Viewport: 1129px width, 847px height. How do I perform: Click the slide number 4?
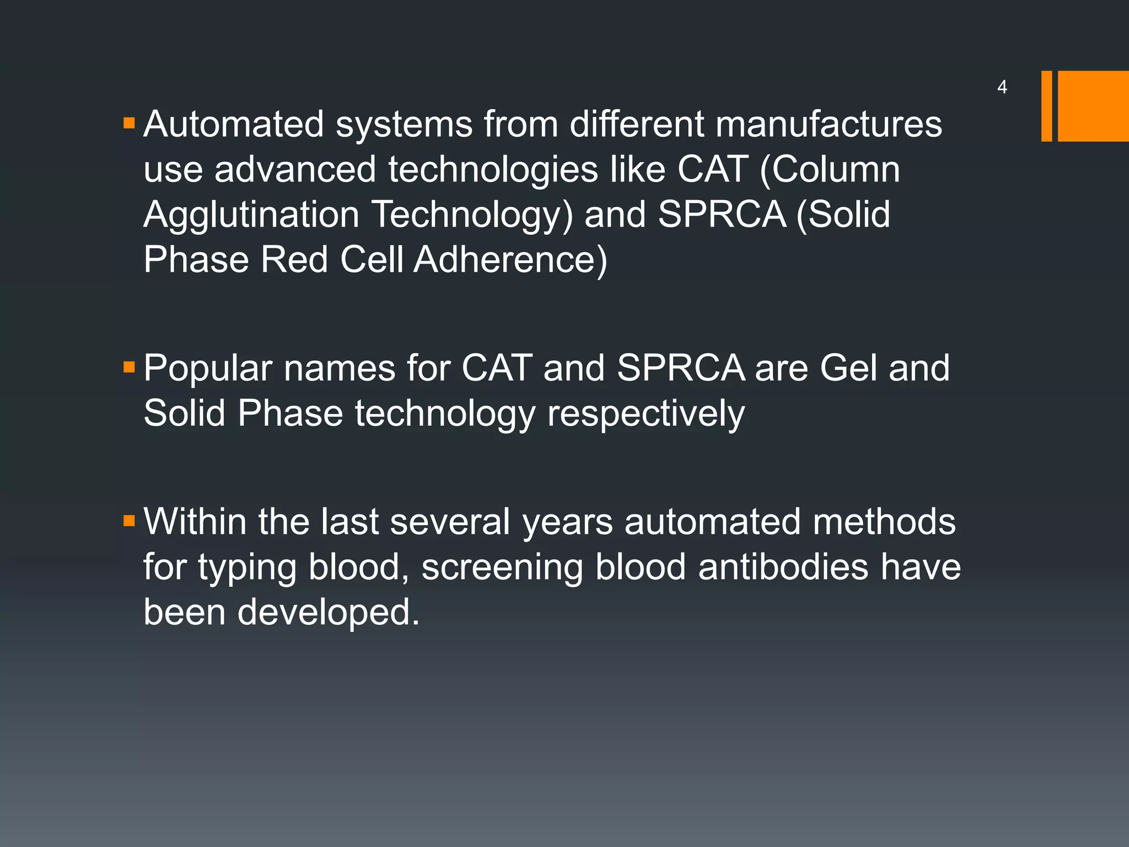click(1002, 87)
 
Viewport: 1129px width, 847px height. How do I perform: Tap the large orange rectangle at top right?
click(1093, 106)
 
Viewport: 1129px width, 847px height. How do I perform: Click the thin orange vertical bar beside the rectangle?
click(1046, 106)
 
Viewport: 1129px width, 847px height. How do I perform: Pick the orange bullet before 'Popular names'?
click(130, 367)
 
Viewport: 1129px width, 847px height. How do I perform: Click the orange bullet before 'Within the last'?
click(130, 521)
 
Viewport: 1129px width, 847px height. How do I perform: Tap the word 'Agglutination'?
click(251, 215)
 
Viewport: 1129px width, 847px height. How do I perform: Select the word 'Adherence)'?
click(510, 260)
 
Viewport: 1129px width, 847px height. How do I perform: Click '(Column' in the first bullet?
click(830, 169)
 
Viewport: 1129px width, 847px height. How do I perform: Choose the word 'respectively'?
click(646, 414)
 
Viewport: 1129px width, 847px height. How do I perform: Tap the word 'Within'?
click(195, 522)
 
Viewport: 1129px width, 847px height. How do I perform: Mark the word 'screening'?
click(502, 568)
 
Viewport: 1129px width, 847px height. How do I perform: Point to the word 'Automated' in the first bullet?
click(234, 124)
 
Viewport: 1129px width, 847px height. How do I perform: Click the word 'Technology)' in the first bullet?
click(472, 215)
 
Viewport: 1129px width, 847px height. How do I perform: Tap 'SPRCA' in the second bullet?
click(681, 368)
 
